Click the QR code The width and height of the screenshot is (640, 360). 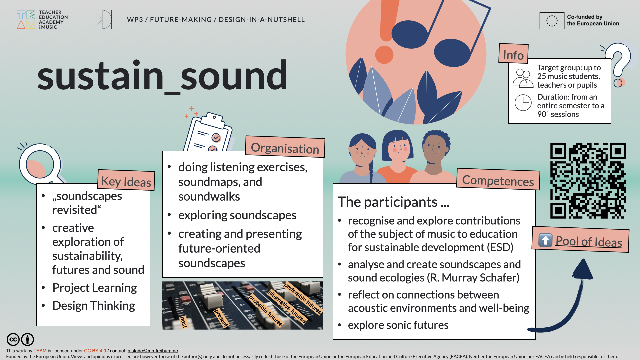pyautogui.click(x=588, y=181)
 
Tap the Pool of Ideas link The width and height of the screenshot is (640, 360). pyautogui.click(x=588, y=241)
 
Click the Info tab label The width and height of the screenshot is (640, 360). pyautogui.click(x=513, y=55)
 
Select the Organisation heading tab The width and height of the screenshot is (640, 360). pyautogui.click(x=285, y=148)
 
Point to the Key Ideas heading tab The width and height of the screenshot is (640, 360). pyautogui.click(x=126, y=181)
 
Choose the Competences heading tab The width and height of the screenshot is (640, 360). pyautogui.click(x=498, y=180)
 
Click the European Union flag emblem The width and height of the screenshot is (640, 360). pyautogui.click(x=552, y=21)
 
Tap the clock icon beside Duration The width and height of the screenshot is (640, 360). pyautogui.click(x=523, y=103)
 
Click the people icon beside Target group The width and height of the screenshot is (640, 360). pyautogui.click(x=523, y=78)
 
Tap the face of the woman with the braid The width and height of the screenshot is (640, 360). pyautogui.click(x=362, y=152)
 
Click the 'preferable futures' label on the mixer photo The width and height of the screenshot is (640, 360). pyautogui.click(x=303, y=298)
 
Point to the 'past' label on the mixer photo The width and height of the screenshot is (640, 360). pyautogui.click(x=183, y=322)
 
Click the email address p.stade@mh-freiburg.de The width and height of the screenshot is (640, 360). pyautogui.click(x=152, y=351)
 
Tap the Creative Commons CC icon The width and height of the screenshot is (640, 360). pyautogui.click(x=13, y=340)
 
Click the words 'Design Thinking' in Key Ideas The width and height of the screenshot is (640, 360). pyautogui.click(x=93, y=306)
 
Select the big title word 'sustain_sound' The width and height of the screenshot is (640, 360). pyautogui.click(x=162, y=76)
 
